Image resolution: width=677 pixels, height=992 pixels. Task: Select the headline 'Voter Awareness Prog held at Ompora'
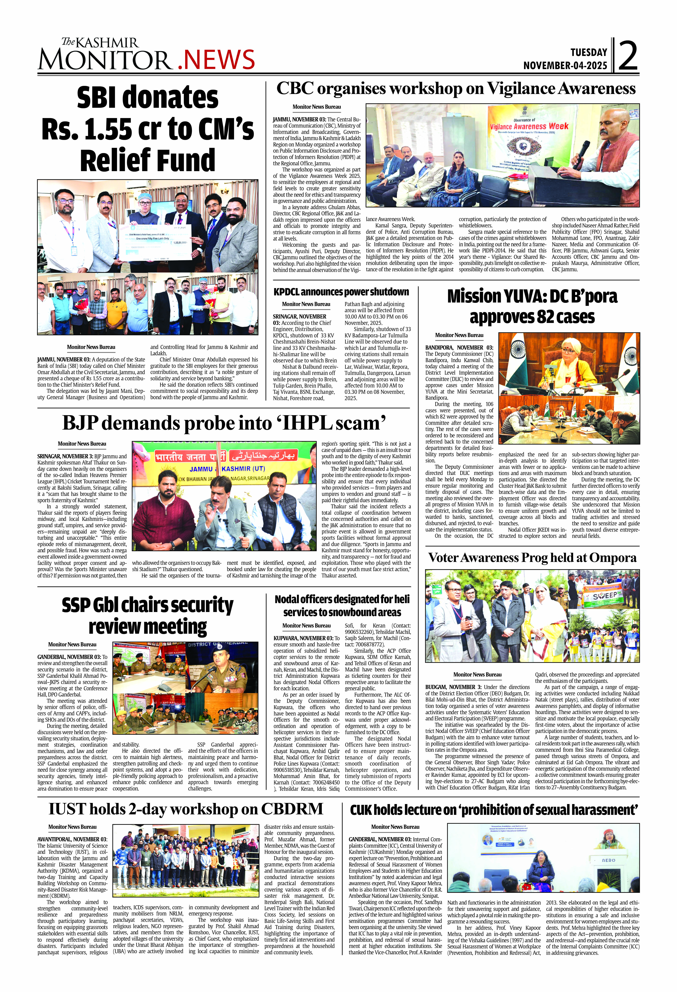532,557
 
